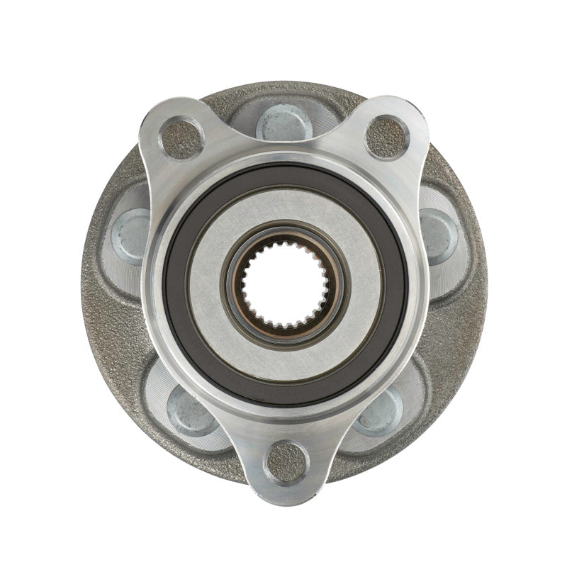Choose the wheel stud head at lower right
380,410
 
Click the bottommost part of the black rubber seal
285,400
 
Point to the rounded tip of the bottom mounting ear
285,482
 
